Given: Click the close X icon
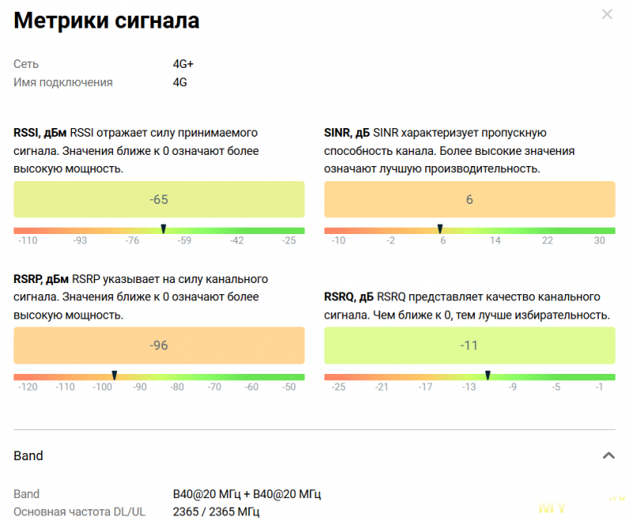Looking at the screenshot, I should click(x=607, y=14).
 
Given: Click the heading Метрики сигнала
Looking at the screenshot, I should click(x=106, y=21).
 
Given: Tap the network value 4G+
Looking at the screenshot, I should click(x=184, y=64).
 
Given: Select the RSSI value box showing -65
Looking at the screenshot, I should click(x=159, y=199).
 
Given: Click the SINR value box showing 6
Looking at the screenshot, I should click(x=469, y=199).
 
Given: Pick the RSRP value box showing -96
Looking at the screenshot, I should click(x=159, y=345).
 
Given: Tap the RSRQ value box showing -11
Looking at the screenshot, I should click(x=469, y=345).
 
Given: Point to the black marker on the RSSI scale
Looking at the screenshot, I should click(x=163, y=229).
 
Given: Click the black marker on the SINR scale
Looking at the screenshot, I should click(x=440, y=229).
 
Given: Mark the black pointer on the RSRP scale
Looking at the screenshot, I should click(x=114, y=376).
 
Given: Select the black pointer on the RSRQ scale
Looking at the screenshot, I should click(x=487, y=376).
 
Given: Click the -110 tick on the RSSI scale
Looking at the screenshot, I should click(x=28, y=241).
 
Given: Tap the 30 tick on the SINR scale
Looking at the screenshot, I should click(x=600, y=241).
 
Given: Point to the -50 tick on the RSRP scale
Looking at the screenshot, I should click(x=289, y=387).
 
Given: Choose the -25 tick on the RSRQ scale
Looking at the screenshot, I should click(x=338, y=387).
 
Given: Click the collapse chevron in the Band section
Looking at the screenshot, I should click(x=608, y=455).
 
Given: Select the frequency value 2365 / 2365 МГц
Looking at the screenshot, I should click(x=216, y=512).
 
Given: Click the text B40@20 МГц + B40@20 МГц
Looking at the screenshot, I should click(x=247, y=494).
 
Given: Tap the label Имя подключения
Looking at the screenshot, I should click(x=63, y=82).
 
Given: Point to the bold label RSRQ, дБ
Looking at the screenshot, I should click(x=349, y=297).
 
